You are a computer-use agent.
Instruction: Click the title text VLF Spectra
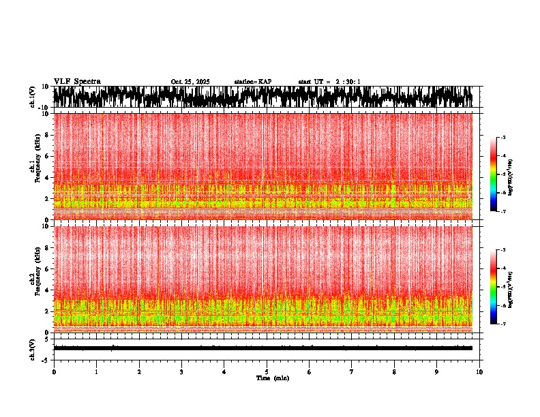point(77,82)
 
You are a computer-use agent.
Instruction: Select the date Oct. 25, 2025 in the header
point(190,82)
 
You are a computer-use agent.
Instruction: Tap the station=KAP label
point(253,82)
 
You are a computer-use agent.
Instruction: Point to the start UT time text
point(329,82)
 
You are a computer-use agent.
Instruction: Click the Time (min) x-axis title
point(272,378)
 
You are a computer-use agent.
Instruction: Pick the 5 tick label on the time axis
point(267,372)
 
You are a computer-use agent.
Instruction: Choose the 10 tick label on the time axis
point(479,372)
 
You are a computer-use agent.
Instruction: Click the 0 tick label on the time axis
point(54,372)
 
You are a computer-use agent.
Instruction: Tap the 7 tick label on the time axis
point(352,372)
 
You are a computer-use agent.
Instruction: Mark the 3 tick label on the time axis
point(181,372)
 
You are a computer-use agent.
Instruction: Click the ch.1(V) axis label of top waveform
point(33,97)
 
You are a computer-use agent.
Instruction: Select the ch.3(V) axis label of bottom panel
point(33,348)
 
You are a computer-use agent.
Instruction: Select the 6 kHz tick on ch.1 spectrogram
point(48,156)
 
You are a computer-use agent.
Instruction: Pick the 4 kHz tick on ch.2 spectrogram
point(48,290)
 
